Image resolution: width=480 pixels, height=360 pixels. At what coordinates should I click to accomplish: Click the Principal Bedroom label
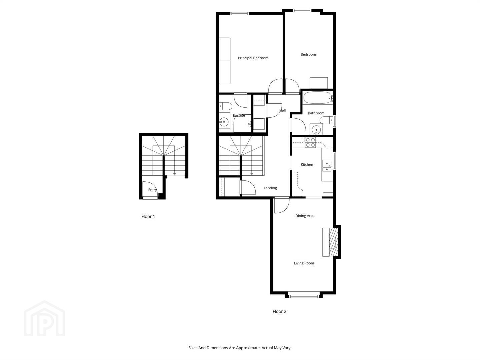[253, 58]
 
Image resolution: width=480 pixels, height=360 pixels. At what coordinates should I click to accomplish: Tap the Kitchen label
[307, 165]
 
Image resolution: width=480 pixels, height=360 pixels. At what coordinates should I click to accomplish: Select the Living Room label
[304, 263]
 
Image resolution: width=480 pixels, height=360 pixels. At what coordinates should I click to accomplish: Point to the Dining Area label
[305, 216]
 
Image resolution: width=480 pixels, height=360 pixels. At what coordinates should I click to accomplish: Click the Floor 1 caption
[148, 217]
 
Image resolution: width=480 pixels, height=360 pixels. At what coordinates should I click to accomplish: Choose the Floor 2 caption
[279, 311]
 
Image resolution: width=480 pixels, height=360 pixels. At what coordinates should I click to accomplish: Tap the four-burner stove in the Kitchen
[310, 142]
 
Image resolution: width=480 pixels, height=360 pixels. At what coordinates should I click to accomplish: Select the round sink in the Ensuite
[224, 122]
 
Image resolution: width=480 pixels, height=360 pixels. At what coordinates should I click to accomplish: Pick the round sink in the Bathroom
[316, 129]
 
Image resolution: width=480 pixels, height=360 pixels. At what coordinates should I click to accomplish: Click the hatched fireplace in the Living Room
[334, 242]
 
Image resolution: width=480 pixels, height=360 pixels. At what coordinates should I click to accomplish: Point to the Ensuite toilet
[225, 106]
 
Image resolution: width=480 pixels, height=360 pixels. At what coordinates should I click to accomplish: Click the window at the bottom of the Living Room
[304, 296]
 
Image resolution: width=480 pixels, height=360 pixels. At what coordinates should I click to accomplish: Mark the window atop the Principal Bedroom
[239, 14]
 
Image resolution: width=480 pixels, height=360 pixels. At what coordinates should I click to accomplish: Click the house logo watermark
[44, 318]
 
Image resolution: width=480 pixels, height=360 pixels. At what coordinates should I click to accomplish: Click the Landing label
[270, 188]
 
